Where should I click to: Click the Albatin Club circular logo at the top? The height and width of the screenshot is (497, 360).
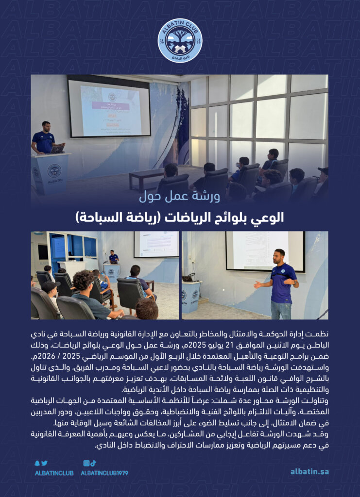pos(180,40)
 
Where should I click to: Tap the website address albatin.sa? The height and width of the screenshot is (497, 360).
pos(309,471)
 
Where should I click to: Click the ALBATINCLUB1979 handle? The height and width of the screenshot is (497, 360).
pos(104,473)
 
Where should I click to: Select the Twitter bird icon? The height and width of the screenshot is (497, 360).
pos(44,463)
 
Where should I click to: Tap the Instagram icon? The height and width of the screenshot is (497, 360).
pos(86,463)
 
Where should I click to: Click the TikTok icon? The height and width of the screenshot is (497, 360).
pos(93,463)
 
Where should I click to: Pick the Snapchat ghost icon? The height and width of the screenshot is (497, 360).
pos(38,463)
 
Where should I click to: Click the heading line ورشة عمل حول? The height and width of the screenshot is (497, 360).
pos(180,197)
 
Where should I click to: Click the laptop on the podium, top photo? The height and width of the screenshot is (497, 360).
pos(57,149)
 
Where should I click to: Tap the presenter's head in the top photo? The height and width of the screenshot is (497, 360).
pos(46,126)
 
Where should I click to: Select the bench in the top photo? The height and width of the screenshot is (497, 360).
pos(147,178)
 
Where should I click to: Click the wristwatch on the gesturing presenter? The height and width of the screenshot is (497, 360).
pos(294,282)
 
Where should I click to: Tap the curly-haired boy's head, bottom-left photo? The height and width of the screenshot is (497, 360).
pos(84,280)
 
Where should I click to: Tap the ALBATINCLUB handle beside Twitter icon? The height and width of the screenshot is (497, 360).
pos(54,473)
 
